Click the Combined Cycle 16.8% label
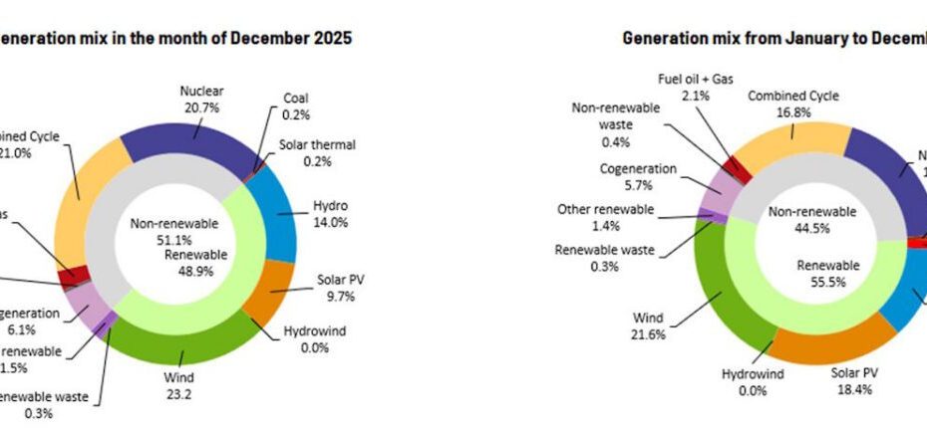pos(793,104)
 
